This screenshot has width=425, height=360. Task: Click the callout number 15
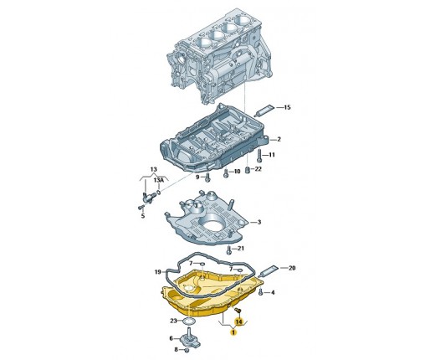287,107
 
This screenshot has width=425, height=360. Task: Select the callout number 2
279,139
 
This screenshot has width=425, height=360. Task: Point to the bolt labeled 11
259,156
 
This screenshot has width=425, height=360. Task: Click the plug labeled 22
248,169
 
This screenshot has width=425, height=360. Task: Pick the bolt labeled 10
226,173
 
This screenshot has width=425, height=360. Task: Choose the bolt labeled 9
207,177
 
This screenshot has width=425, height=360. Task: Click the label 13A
159,180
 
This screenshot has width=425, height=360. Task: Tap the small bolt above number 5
141,208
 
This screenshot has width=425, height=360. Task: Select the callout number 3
259,222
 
